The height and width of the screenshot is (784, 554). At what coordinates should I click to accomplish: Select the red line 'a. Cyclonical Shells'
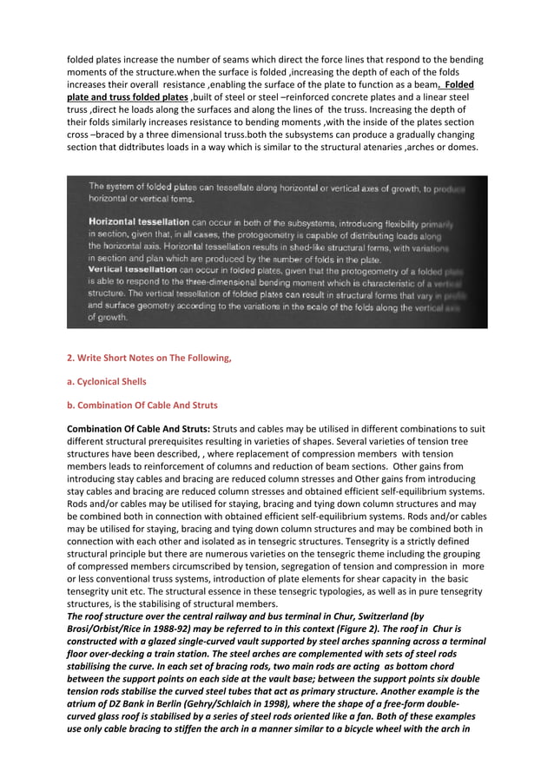click(x=107, y=381)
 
